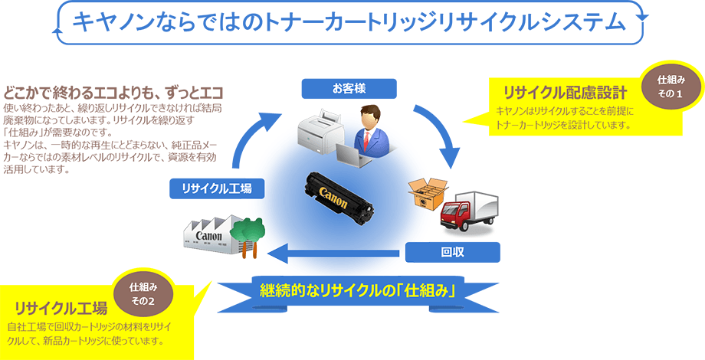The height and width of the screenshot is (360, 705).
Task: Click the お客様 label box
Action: point(349,88)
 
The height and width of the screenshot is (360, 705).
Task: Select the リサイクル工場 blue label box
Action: point(213,188)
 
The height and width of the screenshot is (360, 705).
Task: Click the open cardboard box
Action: point(426,193)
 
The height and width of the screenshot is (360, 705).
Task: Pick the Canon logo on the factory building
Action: point(209,235)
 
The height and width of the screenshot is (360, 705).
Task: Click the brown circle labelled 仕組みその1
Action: point(670,86)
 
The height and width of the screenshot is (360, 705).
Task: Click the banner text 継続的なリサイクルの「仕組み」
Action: point(358,291)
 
